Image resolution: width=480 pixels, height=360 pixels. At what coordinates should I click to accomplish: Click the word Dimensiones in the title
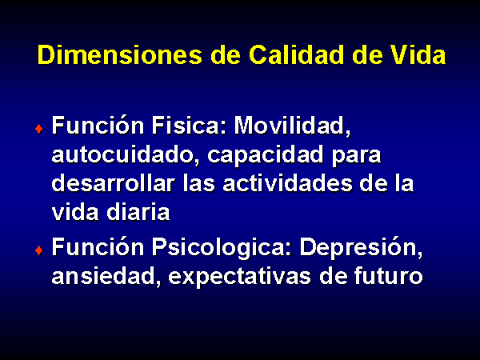tap(120, 55)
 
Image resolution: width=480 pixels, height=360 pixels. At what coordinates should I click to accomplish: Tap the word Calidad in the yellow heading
tap(296, 55)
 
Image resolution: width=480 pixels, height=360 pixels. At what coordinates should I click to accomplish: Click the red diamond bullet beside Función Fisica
tap(39, 129)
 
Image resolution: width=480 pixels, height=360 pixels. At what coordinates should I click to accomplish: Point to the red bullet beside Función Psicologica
tap(39, 250)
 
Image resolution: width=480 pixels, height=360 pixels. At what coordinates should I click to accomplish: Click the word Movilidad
tap(292, 126)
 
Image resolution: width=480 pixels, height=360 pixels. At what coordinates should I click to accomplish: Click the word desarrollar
tap(114, 183)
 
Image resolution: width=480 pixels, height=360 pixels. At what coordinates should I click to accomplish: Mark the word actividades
tap(287, 183)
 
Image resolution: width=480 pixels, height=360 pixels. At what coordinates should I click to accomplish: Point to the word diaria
tap(138, 212)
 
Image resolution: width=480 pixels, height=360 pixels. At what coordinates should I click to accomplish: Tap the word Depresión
tap(362, 249)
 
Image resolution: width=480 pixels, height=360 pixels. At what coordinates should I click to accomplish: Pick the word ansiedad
tap(106, 276)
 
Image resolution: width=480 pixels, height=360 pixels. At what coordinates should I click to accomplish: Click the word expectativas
tap(240, 278)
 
